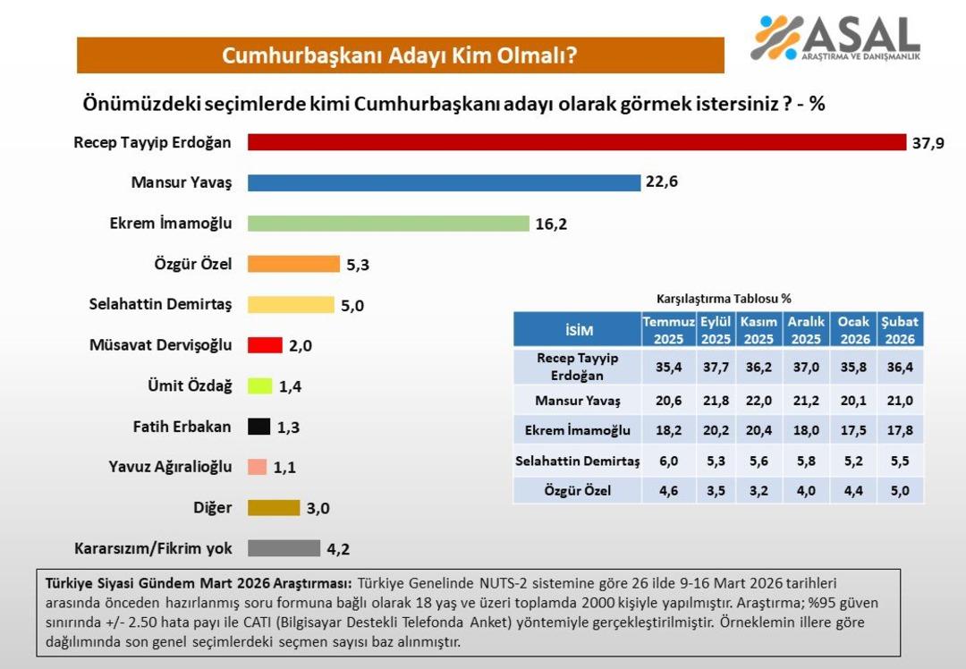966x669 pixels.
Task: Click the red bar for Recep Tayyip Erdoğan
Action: (577, 142)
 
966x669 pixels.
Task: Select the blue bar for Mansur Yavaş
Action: (444, 182)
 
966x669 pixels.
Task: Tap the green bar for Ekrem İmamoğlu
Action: (388, 223)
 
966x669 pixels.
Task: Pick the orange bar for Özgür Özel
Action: (293, 264)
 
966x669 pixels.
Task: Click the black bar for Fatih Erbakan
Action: (258, 427)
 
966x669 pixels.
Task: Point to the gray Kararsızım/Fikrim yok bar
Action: (284, 548)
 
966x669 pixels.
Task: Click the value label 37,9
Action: (928, 143)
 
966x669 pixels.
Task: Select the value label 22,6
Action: (662, 182)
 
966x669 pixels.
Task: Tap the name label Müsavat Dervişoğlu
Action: (161, 345)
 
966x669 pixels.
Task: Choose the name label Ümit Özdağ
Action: (190, 385)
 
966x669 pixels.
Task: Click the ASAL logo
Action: (836, 38)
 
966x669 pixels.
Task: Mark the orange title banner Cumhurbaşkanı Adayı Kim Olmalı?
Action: (400, 55)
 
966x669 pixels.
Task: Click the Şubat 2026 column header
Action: (900, 330)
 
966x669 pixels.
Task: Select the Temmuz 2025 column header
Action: (668, 330)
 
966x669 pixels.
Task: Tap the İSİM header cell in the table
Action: (578, 330)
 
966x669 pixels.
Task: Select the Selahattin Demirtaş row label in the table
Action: (578, 461)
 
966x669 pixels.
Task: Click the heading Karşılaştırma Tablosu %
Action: (724, 299)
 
